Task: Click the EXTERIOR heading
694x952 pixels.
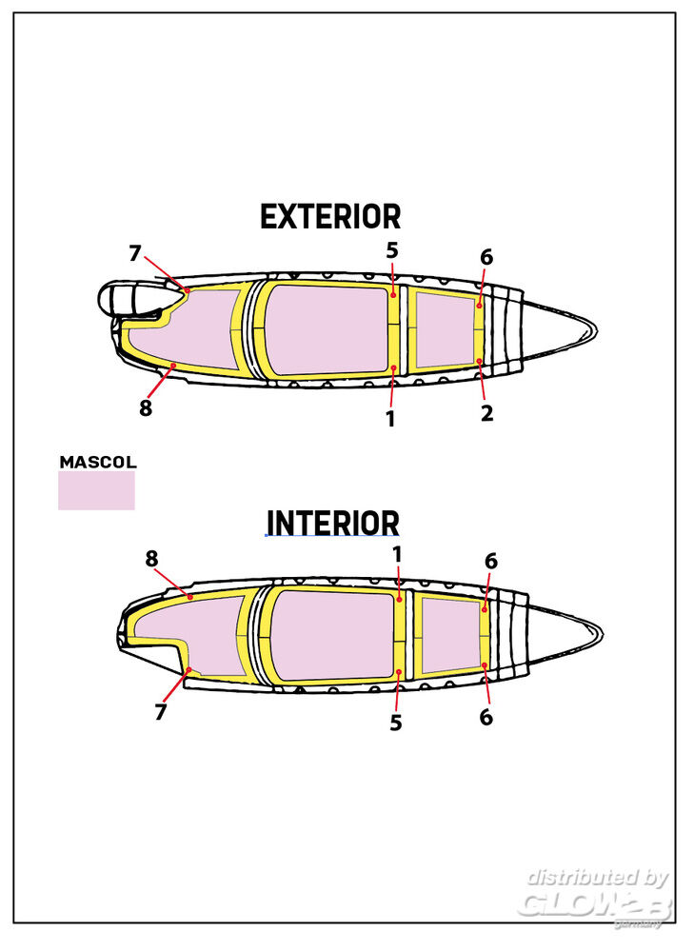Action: click(x=330, y=217)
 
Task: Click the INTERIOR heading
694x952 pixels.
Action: click(x=332, y=524)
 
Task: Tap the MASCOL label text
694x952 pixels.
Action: click(x=98, y=462)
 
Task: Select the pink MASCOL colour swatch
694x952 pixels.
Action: click(x=96, y=490)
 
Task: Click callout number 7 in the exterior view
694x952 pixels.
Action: click(x=135, y=253)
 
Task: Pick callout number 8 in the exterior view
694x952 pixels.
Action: click(x=145, y=407)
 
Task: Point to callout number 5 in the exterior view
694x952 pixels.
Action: click(x=391, y=250)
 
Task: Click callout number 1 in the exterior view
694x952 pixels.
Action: click(x=390, y=418)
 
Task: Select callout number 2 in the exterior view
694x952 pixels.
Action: click(x=486, y=414)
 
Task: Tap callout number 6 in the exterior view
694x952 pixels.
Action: click(x=486, y=257)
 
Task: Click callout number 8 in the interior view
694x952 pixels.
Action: click(x=151, y=559)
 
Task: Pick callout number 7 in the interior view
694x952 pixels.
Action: click(x=161, y=712)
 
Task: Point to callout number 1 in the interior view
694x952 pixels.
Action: click(x=397, y=553)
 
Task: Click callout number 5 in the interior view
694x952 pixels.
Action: click(x=395, y=724)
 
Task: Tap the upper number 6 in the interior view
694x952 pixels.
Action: click(x=490, y=562)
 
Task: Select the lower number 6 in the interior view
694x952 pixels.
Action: click(x=486, y=718)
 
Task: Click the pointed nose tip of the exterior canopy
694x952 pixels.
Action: click(x=596, y=329)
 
